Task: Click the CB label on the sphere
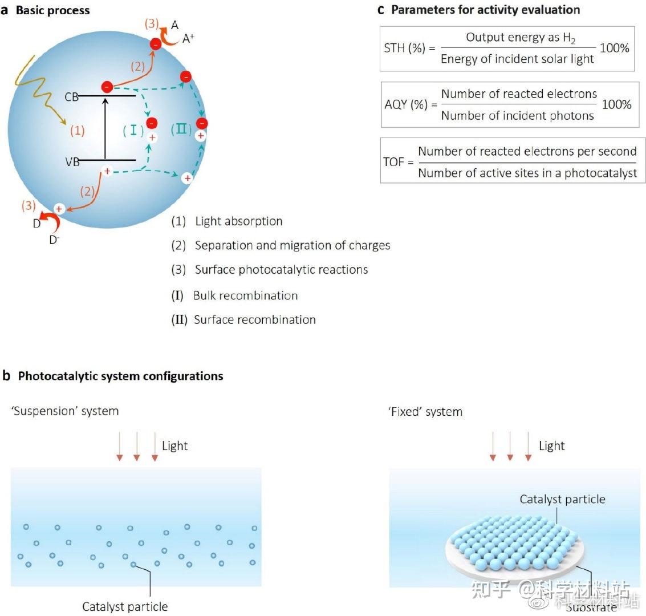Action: click(71, 97)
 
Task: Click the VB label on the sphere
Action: click(72, 162)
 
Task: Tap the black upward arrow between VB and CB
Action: click(105, 128)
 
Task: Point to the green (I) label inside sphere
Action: click(133, 130)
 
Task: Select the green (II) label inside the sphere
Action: click(182, 129)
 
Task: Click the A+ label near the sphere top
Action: click(190, 39)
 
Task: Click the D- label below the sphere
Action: click(54, 240)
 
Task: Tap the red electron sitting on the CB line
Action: click(107, 87)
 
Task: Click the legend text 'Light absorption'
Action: click(238, 221)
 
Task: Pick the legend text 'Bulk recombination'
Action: click(245, 295)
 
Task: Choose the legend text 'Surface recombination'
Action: click(254, 319)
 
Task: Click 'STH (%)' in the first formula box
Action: click(404, 48)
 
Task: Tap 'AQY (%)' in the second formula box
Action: click(405, 105)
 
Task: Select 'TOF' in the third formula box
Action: click(393, 162)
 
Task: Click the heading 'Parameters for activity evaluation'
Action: click(485, 10)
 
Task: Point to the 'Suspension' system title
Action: click(65, 411)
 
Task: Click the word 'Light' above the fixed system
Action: click(551, 446)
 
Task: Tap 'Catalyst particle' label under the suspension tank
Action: click(125, 606)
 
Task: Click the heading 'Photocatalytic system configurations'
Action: click(120, 376)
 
